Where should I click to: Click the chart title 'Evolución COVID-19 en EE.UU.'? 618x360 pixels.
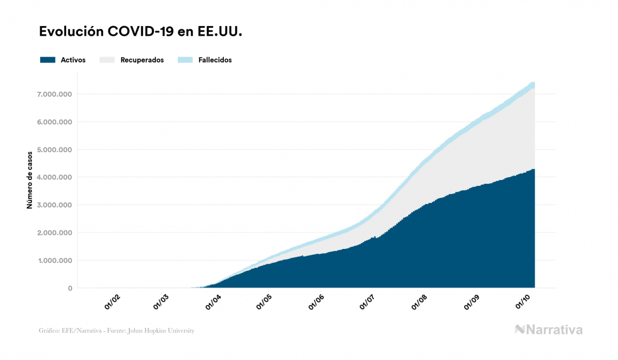tap(141, 32)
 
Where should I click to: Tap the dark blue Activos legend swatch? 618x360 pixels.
tap(48, 60)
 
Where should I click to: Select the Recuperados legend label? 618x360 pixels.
tap(142, 60)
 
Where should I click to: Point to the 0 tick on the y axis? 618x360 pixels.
tap(70, 288)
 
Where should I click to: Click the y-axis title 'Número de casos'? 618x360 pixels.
tap(30, 180)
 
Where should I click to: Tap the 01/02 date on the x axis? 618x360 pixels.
tap(112, 302)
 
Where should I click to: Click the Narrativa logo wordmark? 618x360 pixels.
tap(554, 330)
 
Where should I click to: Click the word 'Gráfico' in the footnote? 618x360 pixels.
tap(49, 331)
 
